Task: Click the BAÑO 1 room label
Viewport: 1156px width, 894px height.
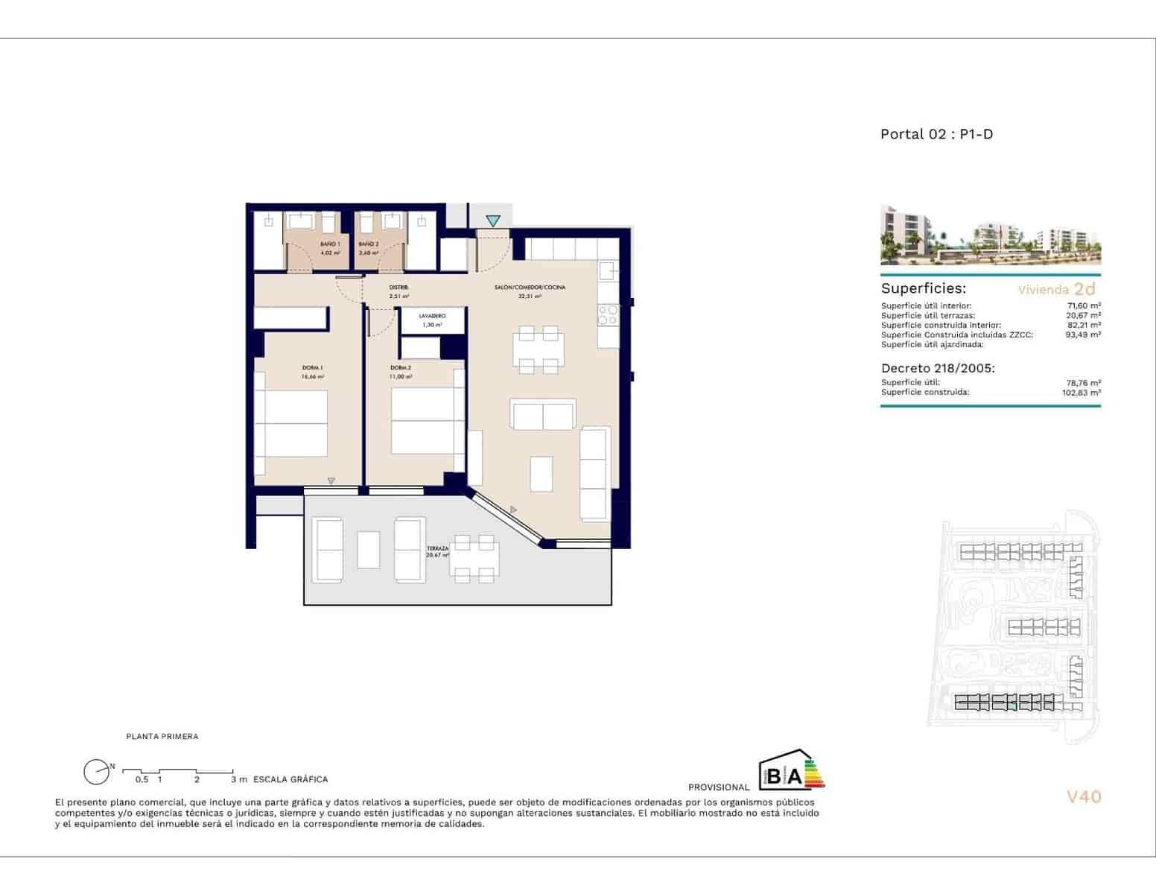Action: [x=330, y=244]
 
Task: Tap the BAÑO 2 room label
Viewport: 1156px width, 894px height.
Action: [x=369, y=244]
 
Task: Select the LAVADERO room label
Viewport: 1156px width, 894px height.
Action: [x=432, y=316]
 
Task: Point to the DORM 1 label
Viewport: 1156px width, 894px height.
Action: [x=312, y=368]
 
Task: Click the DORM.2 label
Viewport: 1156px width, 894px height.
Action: [x=401, y=368]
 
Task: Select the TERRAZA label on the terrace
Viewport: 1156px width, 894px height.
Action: [x=437, y=548]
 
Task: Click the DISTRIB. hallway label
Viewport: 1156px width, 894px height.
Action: [x=398, y=288]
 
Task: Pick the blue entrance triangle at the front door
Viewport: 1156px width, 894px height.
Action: [x=493, y=221]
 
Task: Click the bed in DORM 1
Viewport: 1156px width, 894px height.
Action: [x=291, y=423]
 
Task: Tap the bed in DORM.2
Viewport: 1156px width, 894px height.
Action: [x=423, y=421]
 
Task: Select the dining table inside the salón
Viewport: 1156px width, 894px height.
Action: [x=538, y=349]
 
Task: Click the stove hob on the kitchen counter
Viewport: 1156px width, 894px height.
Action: [x=609, y=315]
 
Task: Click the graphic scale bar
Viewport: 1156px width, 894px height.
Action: [x=178, y=770]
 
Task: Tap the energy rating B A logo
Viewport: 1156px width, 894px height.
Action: [x=791, y=770]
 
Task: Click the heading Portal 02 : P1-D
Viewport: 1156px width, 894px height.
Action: [x=936, y=134]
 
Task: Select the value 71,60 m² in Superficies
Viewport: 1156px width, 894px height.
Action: [x=1083, y=305]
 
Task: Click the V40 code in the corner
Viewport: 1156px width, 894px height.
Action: [x=1083, y=796]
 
